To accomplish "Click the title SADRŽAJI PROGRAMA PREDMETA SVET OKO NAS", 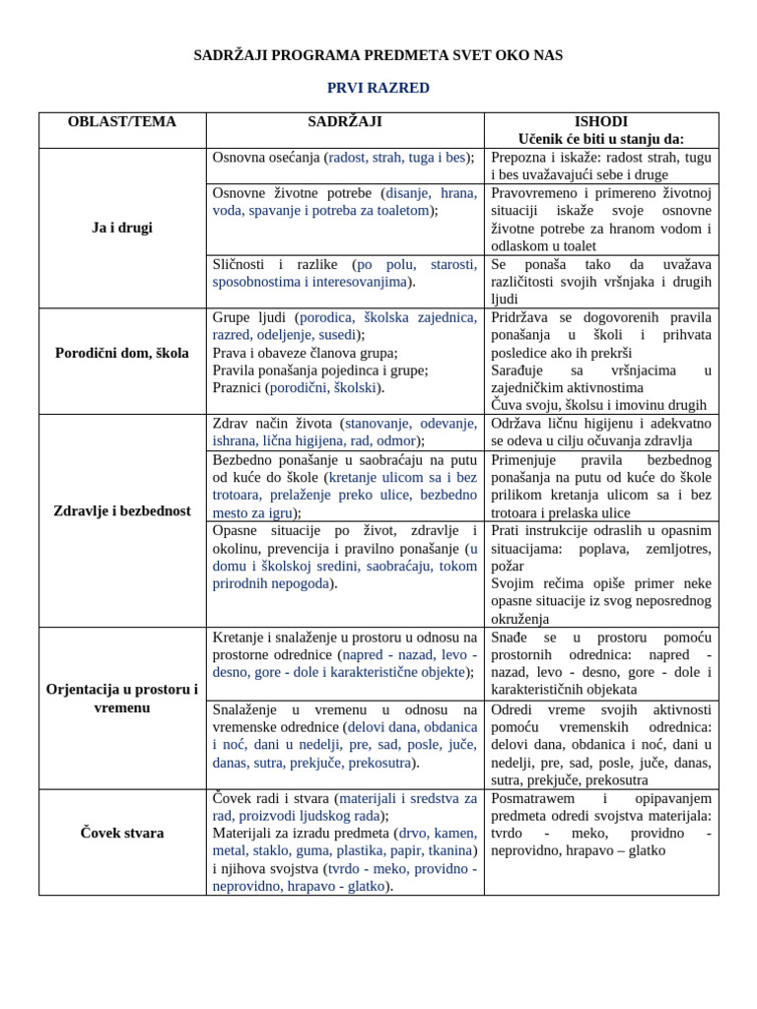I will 378,55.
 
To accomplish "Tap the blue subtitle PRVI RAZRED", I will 378,88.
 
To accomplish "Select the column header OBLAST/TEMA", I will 122,122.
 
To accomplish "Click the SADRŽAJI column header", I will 345,122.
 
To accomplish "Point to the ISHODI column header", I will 601,122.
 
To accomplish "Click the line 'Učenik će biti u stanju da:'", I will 601,139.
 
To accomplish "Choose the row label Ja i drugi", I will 122,228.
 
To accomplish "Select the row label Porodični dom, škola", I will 122,353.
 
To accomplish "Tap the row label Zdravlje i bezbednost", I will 122,511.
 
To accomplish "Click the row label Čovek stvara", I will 122,833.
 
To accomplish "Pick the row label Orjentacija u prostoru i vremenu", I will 122,699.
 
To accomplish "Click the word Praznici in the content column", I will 238,388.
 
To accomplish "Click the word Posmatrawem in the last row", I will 538,798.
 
